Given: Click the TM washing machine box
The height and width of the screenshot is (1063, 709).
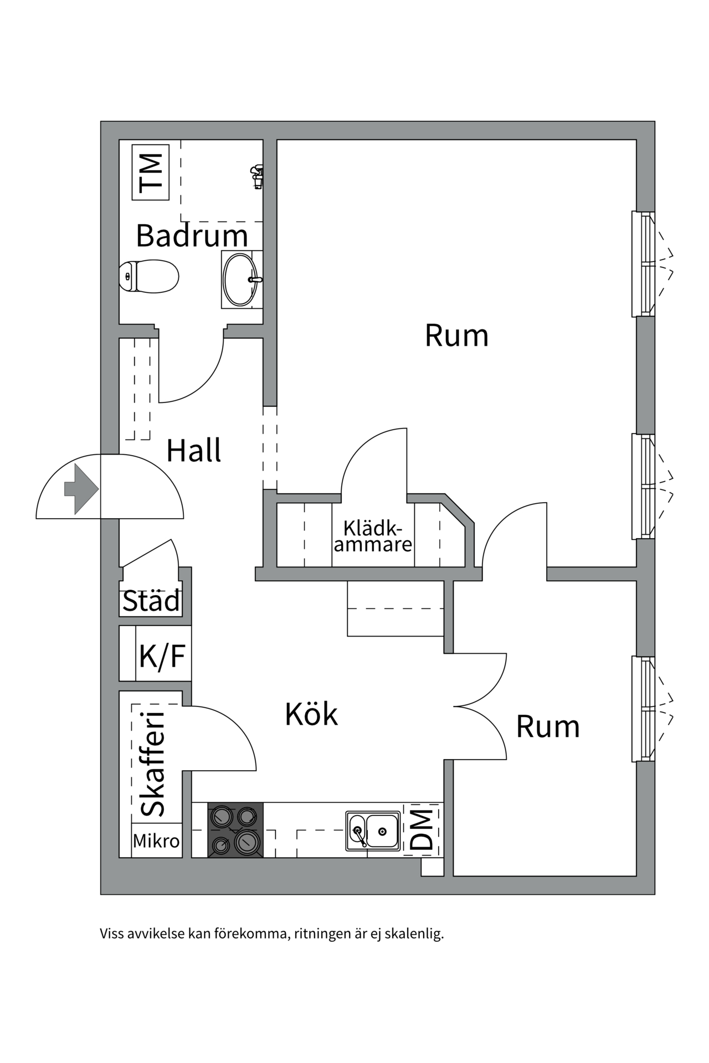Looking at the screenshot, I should coord(150,172).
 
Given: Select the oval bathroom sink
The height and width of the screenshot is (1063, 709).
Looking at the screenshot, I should coord(240,279).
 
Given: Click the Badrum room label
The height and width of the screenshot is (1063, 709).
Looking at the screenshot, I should coord(192,236).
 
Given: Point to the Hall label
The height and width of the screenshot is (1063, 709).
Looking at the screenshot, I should coord(193,451).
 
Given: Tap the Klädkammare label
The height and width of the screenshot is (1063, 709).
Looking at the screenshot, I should coord(372,536).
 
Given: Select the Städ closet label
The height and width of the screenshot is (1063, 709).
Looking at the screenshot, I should coord(151,601).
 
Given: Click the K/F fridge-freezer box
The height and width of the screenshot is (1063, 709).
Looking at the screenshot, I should coord(162,656).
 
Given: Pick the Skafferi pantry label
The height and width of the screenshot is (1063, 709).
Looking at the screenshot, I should coord(153,764).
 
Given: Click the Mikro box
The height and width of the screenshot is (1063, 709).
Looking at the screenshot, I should coord(156,842).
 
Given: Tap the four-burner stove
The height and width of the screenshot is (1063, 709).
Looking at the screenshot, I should coord(235,830).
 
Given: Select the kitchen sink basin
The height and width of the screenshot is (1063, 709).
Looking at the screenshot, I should coord(382,830).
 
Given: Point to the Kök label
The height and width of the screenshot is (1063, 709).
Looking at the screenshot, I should coord(311,714).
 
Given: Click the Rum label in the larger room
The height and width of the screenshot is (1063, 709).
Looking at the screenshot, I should coord(456,336).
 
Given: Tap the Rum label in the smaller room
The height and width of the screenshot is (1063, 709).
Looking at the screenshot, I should coord(547,726).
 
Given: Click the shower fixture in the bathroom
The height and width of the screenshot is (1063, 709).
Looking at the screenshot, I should coord(256,176).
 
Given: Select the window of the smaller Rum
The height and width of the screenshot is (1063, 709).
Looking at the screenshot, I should coord(644,709).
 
